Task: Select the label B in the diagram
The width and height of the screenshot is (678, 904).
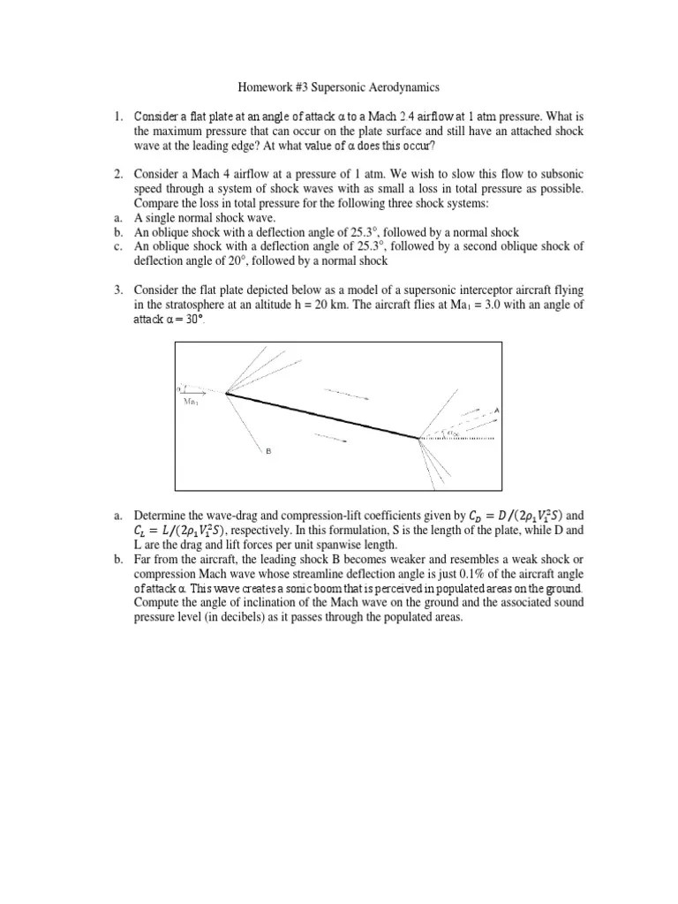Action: (267, 452)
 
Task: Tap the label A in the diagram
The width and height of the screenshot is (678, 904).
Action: (497, 411)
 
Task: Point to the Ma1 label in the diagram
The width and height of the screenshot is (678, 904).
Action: (192, 402)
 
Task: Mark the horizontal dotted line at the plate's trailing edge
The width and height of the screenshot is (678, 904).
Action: (459, 437)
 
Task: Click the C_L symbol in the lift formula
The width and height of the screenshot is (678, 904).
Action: (142, 530)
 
